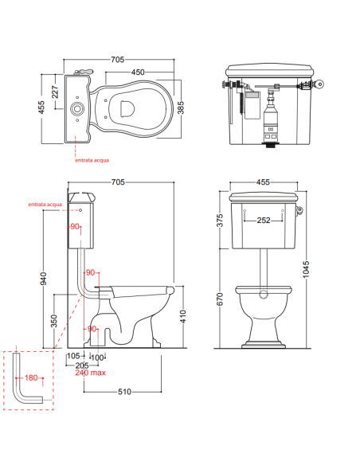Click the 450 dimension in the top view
[x=138, y=72]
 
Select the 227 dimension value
[x=55, y=92]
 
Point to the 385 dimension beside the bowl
[x=180, y=107]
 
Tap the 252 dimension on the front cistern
[x=264, y=220]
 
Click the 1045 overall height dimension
[x=306, y=269]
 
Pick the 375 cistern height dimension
[x=220, y=221]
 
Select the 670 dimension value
[x=220, y=299]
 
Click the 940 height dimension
[x=43, y=279]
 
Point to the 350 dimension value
[x=54, y=321]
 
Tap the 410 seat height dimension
[x=182, y=316]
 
